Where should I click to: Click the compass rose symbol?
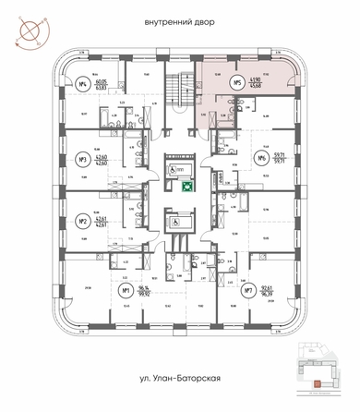[x=28, y=29]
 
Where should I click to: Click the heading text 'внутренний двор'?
[x=179, y=21]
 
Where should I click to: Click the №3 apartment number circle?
[x=82, y=158]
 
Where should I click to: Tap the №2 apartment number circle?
[x=82, y=221]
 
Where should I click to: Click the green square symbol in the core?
[x=186, y=185]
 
